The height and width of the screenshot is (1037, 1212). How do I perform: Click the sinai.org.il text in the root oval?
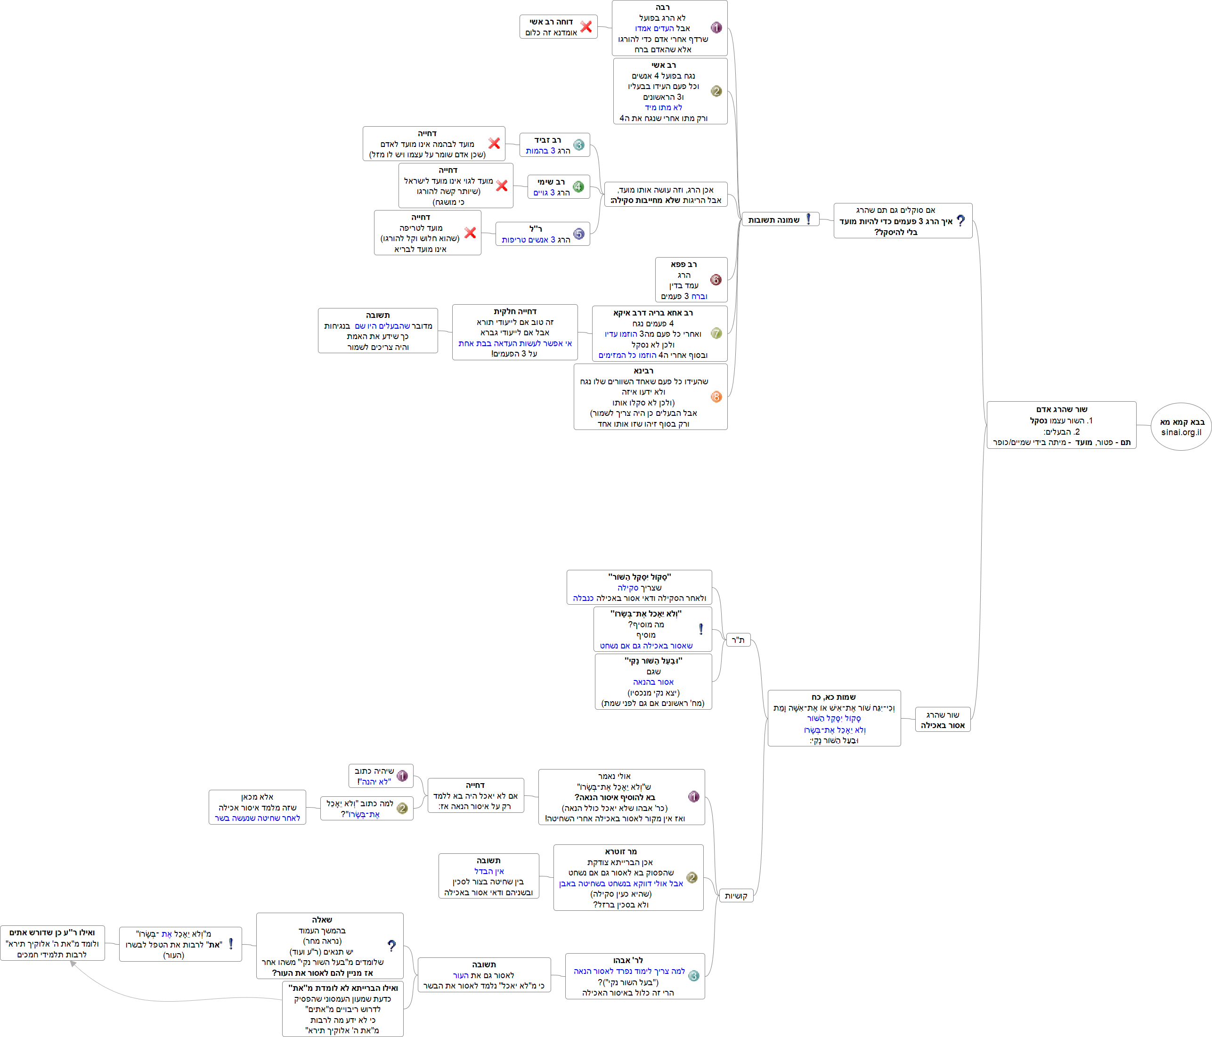click(x=1181, y=432)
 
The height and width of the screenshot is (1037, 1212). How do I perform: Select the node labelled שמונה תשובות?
click(x=773, y=220)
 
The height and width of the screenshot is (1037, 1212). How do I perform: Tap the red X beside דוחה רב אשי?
click(x=586, y=26)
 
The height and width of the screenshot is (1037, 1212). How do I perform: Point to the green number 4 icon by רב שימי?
click(x=578, y=186)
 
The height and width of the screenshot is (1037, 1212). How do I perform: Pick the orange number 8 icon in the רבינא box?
click(x=716, y=397)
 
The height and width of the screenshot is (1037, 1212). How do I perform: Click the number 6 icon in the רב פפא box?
click(x=716, y=280)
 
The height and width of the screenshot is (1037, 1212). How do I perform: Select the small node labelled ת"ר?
click(x=738, y=640)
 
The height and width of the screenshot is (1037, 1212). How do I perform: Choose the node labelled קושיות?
click(x=735, y=895)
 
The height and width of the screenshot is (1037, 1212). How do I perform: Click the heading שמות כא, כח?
click(x=834, y=697)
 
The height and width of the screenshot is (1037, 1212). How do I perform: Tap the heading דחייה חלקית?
click(x=515, y=312)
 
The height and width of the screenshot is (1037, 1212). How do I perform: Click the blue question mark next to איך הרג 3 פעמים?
click(x=960, y=220)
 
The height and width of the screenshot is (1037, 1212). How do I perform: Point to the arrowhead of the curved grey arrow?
click(x=73, y=964)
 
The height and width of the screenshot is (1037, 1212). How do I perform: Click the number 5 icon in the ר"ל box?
click(x=578, y=234)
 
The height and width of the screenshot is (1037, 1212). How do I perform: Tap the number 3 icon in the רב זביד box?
click(x=578, y=145)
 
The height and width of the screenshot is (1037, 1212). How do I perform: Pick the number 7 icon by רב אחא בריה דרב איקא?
click(x=716, y=333)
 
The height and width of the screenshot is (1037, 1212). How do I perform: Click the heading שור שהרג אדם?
click(x=1061, y=409)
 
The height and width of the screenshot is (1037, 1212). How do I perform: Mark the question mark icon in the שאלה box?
click(x=391, y=945)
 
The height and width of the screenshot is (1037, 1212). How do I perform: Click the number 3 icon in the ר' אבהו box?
click(x=694, y=976)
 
